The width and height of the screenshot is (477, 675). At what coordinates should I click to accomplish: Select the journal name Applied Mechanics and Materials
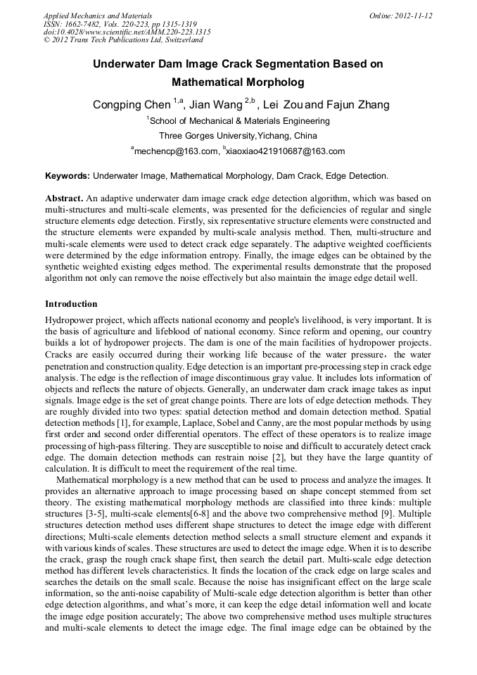click(97, 15)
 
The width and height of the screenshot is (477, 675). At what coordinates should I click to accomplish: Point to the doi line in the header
click(127, 32)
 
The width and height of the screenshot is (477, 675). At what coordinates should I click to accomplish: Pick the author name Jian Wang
click(215, 105)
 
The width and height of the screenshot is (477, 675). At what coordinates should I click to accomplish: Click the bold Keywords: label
click(68, 176)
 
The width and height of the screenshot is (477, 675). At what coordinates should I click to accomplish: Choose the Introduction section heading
click(71, 304)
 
